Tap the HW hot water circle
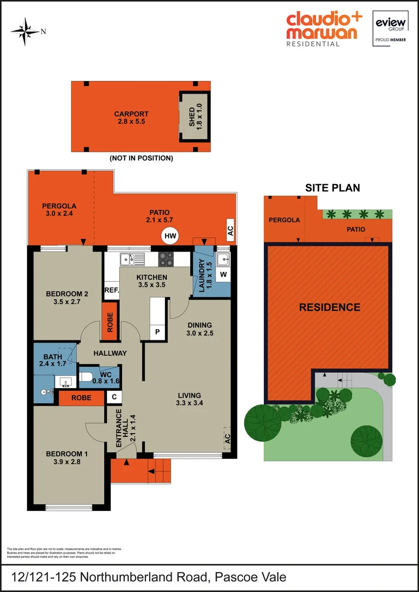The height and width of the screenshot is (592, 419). [x=171, y=236]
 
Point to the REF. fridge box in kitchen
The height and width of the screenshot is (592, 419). [x=112, y=290]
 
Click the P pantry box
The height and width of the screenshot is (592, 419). [x=157, y=331]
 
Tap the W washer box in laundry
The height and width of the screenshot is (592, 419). [x=223, y=274]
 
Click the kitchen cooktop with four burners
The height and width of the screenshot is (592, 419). [x=166, y=258]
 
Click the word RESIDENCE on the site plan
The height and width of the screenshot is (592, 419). [x=330, y=307]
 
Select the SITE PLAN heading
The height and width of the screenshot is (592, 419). [x=332, y=187]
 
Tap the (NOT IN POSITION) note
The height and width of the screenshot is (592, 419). [x=141, y=158]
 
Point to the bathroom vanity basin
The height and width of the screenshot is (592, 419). [x=66, y=381]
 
